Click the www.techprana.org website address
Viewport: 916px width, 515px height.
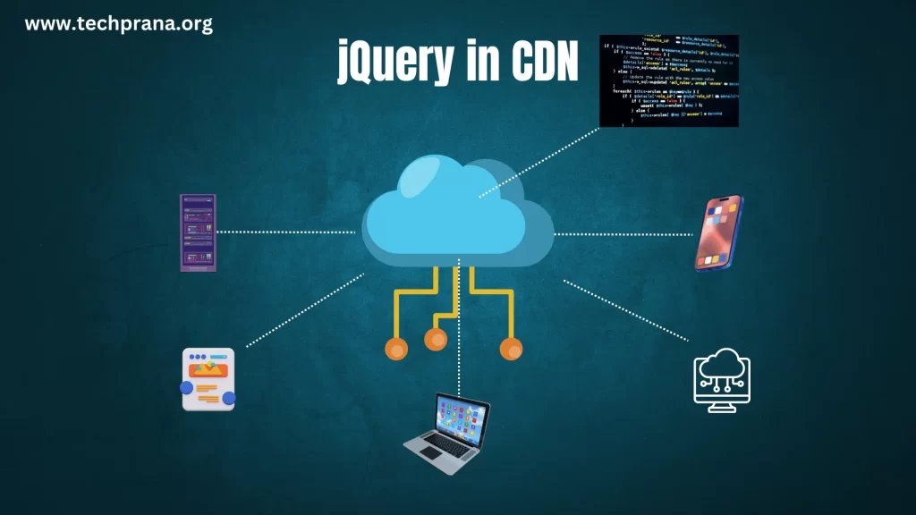point(119,24)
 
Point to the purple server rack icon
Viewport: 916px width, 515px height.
point(199,232)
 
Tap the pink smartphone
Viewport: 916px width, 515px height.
point(720,233)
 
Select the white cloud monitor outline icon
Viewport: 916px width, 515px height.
point(722,380)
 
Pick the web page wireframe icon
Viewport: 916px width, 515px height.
point(208,379)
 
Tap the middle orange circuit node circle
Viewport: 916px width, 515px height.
point(436,339)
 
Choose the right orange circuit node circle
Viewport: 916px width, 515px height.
point(511,349)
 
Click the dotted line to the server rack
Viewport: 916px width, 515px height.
point(286,232)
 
